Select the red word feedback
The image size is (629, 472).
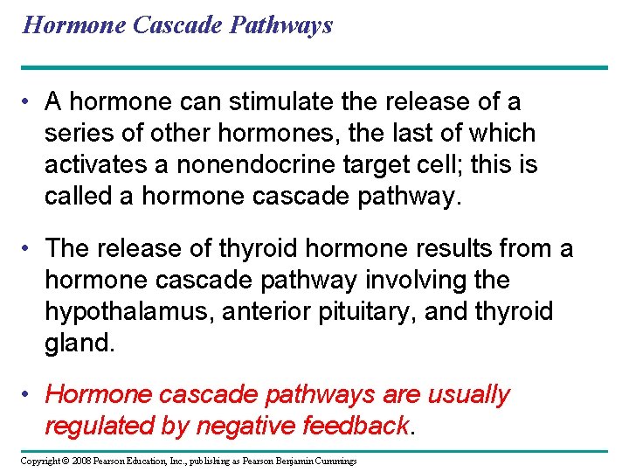pyautogui.click(x=356, y=426)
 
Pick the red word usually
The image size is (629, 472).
pyautogui.click(x=468, y=395)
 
